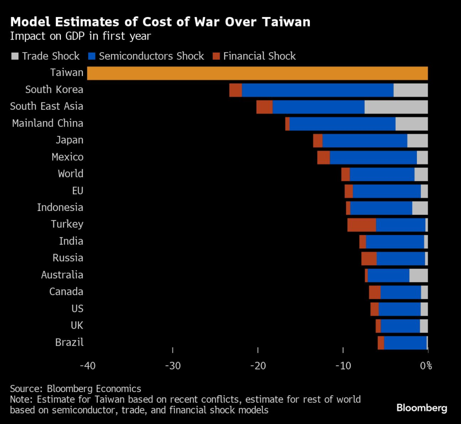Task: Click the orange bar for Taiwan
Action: pos(257,73)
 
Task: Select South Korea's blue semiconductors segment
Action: pos(317,90)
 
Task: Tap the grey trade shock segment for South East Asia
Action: pos(396,107)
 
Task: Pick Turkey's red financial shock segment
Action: pos(362,224)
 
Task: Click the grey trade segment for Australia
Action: pos(418,275)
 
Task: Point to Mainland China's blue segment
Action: pos(342,124)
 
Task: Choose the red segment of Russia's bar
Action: pos(369,259)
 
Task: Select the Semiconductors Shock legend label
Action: pos(151,56)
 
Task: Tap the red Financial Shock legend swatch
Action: pos(216,56)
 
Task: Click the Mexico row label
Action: pos(68,157)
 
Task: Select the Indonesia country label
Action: pos(60,207)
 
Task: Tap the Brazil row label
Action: pos(69,342)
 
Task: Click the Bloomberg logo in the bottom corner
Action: pos(422,408)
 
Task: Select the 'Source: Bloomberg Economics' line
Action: pos(76,388)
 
